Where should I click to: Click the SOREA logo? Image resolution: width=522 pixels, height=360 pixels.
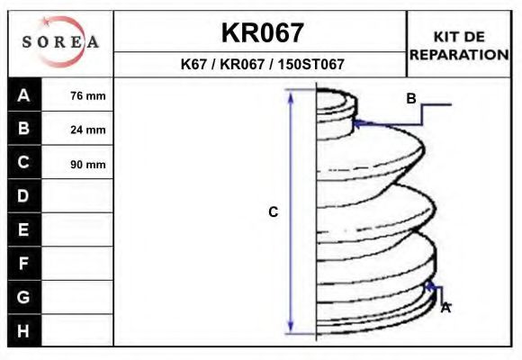(60, 42)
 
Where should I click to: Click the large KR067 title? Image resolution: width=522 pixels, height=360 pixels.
(262, 33)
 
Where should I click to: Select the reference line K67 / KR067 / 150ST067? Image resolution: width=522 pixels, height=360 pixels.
(262, 64)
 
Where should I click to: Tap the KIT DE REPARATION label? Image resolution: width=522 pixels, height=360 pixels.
(459, 46)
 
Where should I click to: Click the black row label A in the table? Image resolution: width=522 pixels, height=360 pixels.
(24, 95)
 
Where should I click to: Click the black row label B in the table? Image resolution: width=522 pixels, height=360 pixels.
(24, 128)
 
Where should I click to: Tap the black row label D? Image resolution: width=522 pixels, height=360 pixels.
(24, 196)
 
